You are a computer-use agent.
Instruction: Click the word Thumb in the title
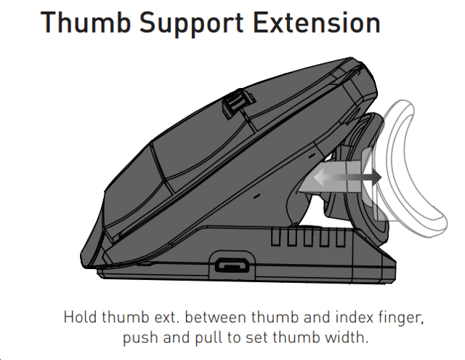pyautogui.click(x=86, y=23)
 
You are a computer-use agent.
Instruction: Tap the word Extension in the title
pyautogui.click(x=317, y=23)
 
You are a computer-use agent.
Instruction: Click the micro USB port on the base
pyautogui.click(x=232, y=265)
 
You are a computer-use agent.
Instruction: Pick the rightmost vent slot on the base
pyautogui.click(x=341, y=237)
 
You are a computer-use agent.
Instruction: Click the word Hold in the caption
pyautogui.click(x=80, y=317)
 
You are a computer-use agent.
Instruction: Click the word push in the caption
pyautogui.click(x=140, y=338)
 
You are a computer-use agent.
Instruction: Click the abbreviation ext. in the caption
pyautogui.click(x=167, y=317)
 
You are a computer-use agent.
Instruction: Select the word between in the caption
pyautogui.click(x=216, y=317)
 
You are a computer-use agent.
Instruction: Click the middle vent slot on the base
pyautogui.click(x=308, y=237)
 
